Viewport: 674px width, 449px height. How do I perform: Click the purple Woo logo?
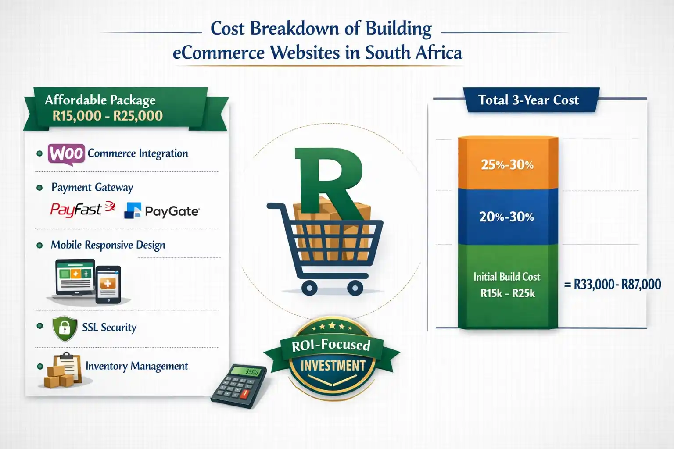[x=66, y=154]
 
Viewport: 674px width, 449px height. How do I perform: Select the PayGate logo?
[x=162, y=211]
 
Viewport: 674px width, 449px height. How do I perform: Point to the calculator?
[x=239, y=385]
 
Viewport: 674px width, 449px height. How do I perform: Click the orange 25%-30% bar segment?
[x=507, y=164]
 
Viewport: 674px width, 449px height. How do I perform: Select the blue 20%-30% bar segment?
[x=507, y=217]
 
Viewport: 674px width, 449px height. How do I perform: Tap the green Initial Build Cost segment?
[x=507, y=285]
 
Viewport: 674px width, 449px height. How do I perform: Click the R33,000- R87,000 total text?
[x=613, y=285]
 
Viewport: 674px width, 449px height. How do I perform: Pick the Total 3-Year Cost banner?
[x=529, y=100]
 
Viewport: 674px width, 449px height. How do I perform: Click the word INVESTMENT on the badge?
[x=333, y=366]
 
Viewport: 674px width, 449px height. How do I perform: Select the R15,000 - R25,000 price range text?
[x=108, y=116]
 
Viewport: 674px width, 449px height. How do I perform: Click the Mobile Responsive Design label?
[x=108, y=245]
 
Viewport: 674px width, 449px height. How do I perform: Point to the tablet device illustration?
[x=108, y=284]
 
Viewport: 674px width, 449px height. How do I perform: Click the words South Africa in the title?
[x=413, y=53]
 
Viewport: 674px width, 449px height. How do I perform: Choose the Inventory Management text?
[x=136, y=366]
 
